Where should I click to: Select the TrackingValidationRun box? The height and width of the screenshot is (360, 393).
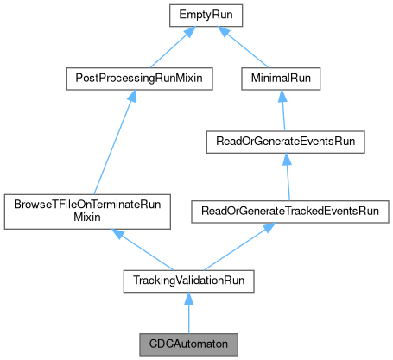pos(186,281)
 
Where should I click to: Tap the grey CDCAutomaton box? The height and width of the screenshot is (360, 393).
pos(186,344)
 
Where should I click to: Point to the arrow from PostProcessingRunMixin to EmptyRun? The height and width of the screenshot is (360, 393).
pos(164,47)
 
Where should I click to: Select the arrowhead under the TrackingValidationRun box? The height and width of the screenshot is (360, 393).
pos(186,298)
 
